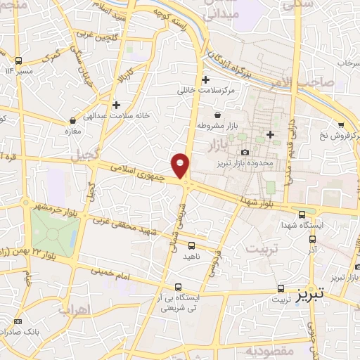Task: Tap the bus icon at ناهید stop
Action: pos(192,245)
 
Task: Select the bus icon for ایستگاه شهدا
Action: pos(302,214)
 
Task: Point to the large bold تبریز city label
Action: pos(311,290)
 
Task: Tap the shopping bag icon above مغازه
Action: pos(73,120)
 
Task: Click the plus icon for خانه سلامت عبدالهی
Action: pos(116,105)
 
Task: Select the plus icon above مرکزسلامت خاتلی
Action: pos(205,79)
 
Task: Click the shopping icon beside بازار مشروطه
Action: pos(217,115)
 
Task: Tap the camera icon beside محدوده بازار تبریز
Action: pos(245,152)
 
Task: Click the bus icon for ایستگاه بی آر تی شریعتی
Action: pos(177,287)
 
